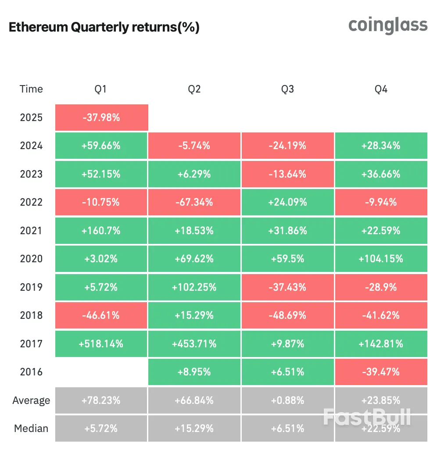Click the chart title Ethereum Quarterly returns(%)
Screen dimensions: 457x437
(x=104, y=28)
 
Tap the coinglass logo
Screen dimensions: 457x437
(x=387, y=25)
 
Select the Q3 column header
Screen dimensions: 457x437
(x=287, y=89)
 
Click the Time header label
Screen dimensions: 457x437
(x=31, y=89)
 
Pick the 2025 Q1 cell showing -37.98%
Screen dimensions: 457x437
(x=102, y=118)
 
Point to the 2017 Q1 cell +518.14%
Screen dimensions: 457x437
(x=102, y=344)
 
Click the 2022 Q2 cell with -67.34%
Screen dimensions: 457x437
(x=194, y=202)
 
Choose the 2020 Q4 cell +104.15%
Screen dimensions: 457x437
(x=381, y=259)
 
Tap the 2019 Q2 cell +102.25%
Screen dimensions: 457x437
(x=194, y=287)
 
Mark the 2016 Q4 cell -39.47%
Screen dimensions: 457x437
(x=381, y=372)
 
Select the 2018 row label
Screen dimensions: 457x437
(x=31, y=315)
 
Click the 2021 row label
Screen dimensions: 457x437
(x=31, y=231)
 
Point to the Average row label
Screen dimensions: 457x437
(x=31, y=400)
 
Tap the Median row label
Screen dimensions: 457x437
(x=31, y=428)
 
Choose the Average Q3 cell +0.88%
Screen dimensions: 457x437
(x=287, y=400)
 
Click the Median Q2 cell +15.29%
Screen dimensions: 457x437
(x=194, y=428)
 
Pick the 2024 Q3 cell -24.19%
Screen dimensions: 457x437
(x=287, y=146)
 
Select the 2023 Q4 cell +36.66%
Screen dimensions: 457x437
(x=381, y=174)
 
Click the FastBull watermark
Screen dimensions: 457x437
(x=367, y=417)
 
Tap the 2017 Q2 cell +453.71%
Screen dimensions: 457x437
(x=194, y=344)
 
